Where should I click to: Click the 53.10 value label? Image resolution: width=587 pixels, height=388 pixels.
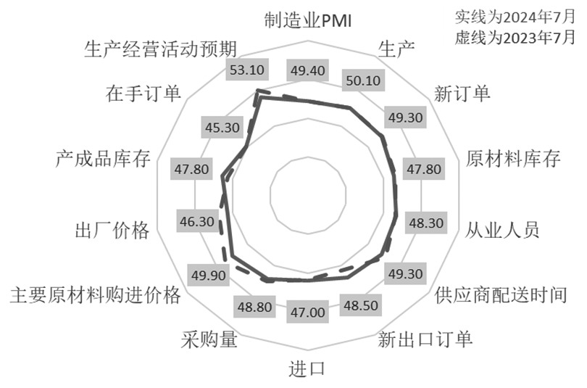point(247,71)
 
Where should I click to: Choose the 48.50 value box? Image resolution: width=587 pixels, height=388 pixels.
point(360,305)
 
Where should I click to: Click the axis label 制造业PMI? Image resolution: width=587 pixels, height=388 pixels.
point(308,21)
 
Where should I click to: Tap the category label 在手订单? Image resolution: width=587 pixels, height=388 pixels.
point(143,94)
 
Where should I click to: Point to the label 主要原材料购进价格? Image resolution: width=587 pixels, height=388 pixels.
point(93,296)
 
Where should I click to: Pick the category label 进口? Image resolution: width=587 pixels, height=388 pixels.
point(308,368)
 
